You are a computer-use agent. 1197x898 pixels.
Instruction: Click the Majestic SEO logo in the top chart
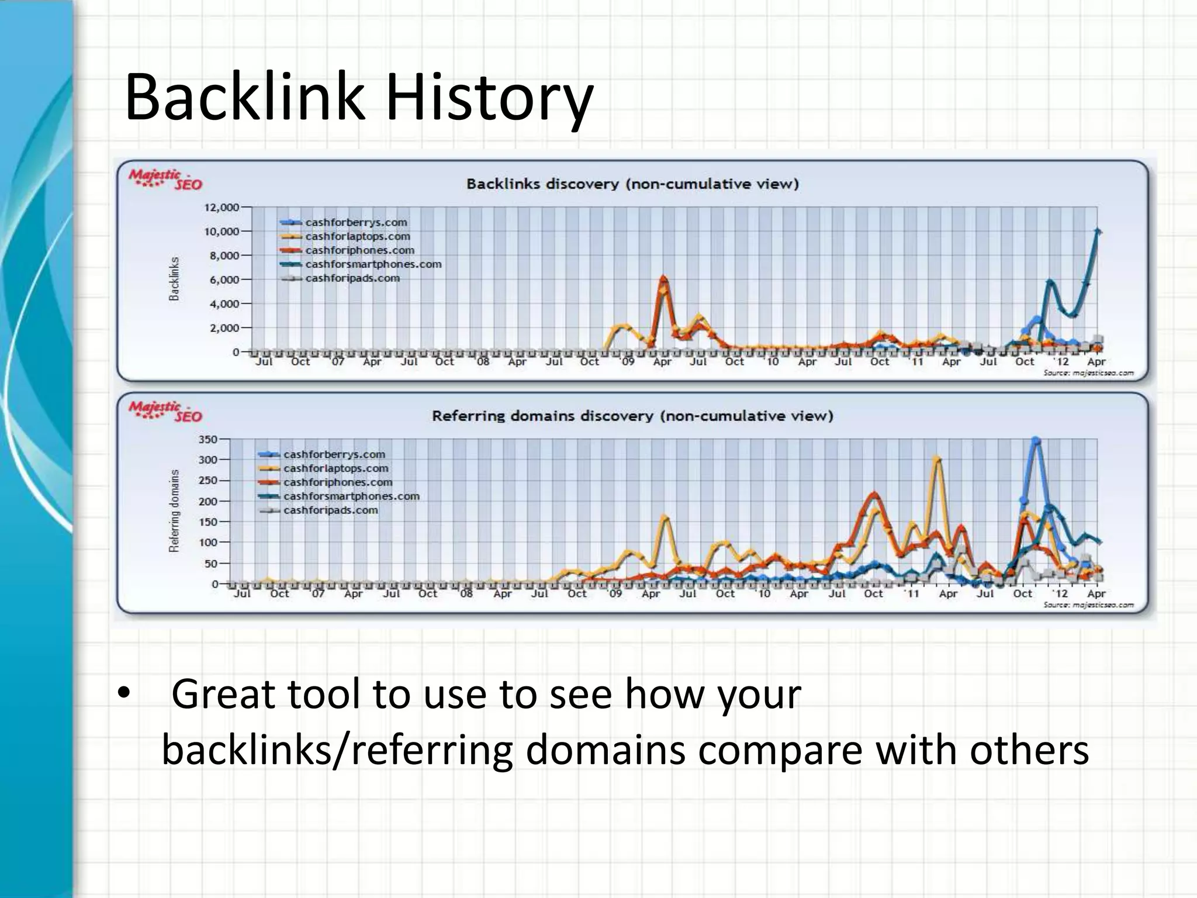pos(165,179)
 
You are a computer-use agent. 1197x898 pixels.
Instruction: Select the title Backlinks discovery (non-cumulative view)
pos(632,184)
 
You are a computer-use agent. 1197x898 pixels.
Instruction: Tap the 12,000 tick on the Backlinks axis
pos(222,208)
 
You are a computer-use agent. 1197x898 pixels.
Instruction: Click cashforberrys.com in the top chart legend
pos(356,223)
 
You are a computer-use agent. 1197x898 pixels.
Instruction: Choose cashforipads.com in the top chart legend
pos(352,278)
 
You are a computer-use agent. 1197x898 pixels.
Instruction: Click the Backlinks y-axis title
pos(174,279)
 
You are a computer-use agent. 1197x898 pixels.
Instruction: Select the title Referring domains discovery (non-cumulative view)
pos(632,416)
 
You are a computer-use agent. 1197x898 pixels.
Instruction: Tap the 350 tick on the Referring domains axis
pos(208,440)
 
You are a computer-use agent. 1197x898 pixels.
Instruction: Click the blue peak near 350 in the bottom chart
pos(1036,440)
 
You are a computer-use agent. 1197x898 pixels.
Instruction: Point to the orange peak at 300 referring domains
pos(937,460)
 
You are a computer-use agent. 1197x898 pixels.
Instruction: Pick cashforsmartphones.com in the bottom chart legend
pos(351,496)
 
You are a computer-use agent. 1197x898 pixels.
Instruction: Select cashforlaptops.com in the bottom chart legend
pos(335,469)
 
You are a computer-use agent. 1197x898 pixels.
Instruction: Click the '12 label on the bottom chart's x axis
pos(1060,593)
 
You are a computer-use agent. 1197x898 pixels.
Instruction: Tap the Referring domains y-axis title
pos(174,510)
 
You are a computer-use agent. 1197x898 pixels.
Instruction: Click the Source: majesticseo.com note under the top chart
pos(1088,373)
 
